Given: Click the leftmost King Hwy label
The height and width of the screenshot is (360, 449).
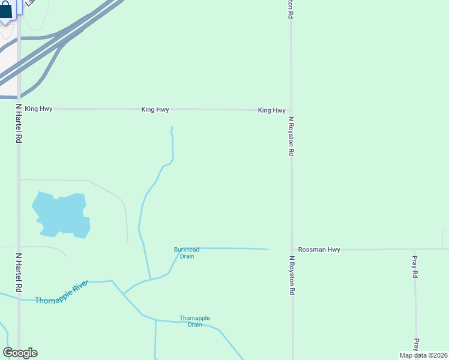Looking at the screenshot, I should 38,109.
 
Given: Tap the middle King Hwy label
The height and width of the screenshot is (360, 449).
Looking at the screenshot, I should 155,110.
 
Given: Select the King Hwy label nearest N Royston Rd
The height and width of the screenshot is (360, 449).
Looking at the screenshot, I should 271,110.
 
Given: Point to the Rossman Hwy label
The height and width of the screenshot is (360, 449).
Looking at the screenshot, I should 319,250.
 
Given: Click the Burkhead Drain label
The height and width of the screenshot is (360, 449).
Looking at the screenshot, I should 187,253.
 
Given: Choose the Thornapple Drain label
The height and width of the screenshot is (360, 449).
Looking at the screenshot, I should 194,321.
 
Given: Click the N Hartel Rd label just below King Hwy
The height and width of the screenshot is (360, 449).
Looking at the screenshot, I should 19,124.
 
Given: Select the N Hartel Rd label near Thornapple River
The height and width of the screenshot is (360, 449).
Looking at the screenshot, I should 19,272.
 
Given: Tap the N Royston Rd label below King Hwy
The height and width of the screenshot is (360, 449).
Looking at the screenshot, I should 291,136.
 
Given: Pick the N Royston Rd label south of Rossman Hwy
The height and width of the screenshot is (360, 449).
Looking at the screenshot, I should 292,275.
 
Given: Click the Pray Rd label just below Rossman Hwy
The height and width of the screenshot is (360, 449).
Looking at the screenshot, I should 414,267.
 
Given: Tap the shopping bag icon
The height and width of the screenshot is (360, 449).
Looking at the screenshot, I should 5,11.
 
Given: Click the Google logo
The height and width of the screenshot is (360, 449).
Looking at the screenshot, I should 20,353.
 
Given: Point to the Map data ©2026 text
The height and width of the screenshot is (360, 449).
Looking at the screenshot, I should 424,355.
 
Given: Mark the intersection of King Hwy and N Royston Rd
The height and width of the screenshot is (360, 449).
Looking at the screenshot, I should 291,110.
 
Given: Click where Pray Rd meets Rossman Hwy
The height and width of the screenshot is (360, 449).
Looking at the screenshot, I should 414,250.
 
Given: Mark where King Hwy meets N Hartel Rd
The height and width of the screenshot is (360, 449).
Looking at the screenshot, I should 19,109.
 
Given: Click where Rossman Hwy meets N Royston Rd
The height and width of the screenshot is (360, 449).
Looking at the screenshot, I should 292,250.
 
